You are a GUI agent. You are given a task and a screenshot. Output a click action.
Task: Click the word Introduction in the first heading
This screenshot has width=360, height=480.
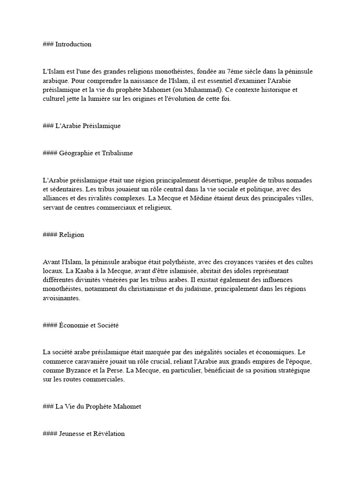[73, 45]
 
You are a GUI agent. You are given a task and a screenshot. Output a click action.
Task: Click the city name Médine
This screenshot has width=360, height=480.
[190, 198]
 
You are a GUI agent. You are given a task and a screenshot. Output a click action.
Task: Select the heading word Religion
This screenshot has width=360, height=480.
[72, 235]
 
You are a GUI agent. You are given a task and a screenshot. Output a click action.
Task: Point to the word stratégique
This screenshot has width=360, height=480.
[295, 370]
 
